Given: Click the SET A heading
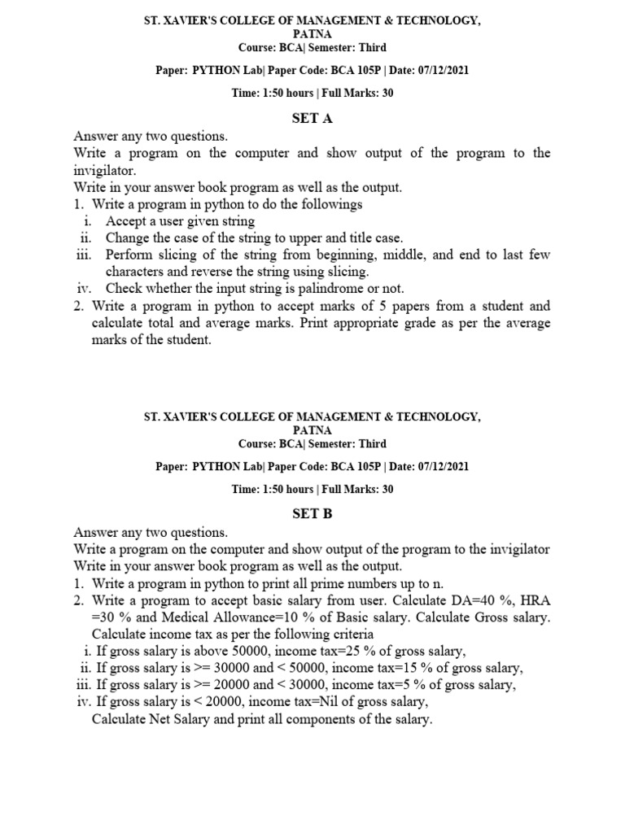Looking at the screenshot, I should click(312, 119).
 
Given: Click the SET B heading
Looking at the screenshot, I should click(312, 514).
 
